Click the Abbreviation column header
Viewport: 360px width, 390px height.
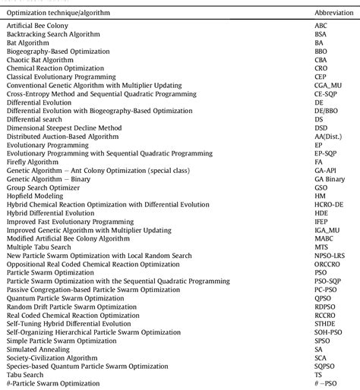tap(332, 14)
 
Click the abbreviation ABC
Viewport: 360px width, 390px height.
tap(321, 27)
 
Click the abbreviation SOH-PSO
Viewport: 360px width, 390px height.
tap(327, 328)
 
